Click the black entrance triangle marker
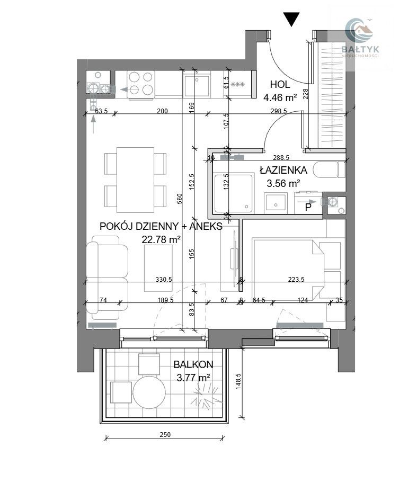[291, 20]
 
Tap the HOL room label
[280, 84]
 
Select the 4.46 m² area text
[280, 97]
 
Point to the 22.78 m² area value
[161, 239]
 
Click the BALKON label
[193, 364]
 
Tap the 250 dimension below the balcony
[165, 435]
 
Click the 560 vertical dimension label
[180, 199]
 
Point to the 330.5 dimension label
[164, 280]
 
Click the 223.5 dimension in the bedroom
[296, 280]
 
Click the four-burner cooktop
[141, 83]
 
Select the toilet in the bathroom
[329, 169]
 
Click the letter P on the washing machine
[308, 207]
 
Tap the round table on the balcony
[149, 391]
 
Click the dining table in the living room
[135, 180]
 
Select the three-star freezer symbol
[237, 84]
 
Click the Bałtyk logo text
[360, 49]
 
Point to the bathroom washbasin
[276, 203]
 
